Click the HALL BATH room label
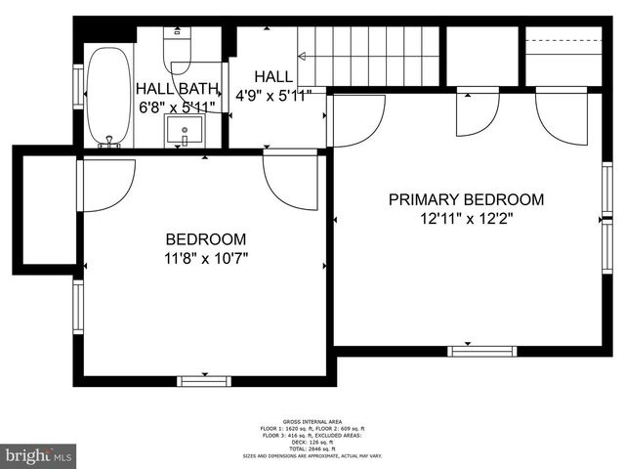[x=175, y=86]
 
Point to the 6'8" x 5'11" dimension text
[x=175, y=107]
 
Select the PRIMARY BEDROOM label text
[x=466, y=199]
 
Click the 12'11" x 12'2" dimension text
[x=466, y=220]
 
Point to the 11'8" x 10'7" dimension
[x=205, y=259]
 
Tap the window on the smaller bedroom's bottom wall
[x=204, y=381]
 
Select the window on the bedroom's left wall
[x=78, y=308]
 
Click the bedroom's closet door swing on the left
[x=105, y=183]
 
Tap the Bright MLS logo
[x=39, y=455]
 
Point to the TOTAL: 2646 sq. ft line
[x=312, y=449]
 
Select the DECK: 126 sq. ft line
[x=312, y=443]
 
